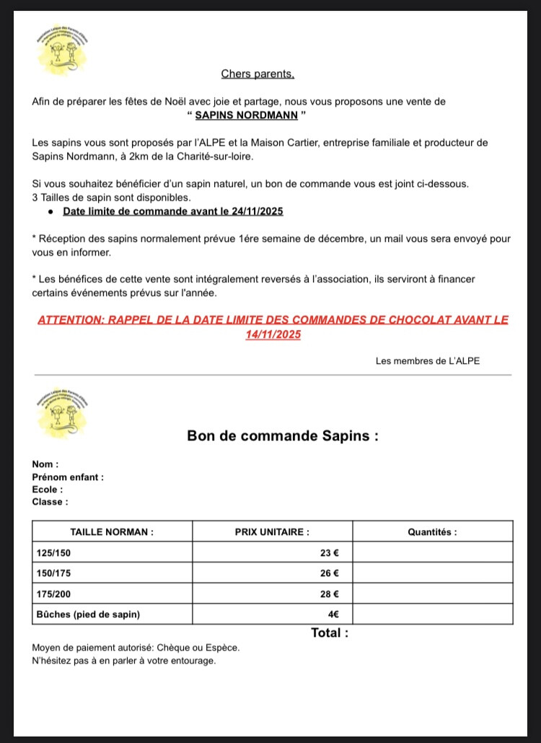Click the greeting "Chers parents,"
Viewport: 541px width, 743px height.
coord(258,74)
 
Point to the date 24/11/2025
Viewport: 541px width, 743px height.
coord(254,211)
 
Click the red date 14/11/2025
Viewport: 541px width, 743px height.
coord(273,334)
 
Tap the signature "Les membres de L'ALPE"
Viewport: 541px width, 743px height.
coord(427,361)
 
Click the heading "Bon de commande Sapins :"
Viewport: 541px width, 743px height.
coord(283,435)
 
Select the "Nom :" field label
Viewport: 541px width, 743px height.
coord(45,464)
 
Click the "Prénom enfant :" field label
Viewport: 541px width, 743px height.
coord(68,477)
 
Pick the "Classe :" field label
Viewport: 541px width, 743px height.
coord(50,501)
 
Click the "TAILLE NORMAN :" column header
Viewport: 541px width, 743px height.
coord(112,531)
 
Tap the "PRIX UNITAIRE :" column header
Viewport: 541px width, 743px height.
coord(272,531)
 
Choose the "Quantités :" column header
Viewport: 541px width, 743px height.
coord(432,531)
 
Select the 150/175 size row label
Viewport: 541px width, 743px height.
coord(54,573)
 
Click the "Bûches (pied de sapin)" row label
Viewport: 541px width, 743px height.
coord(88,614)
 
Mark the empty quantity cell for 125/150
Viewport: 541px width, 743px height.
coord(433,553)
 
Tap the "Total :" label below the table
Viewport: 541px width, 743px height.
coord(330,633)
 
